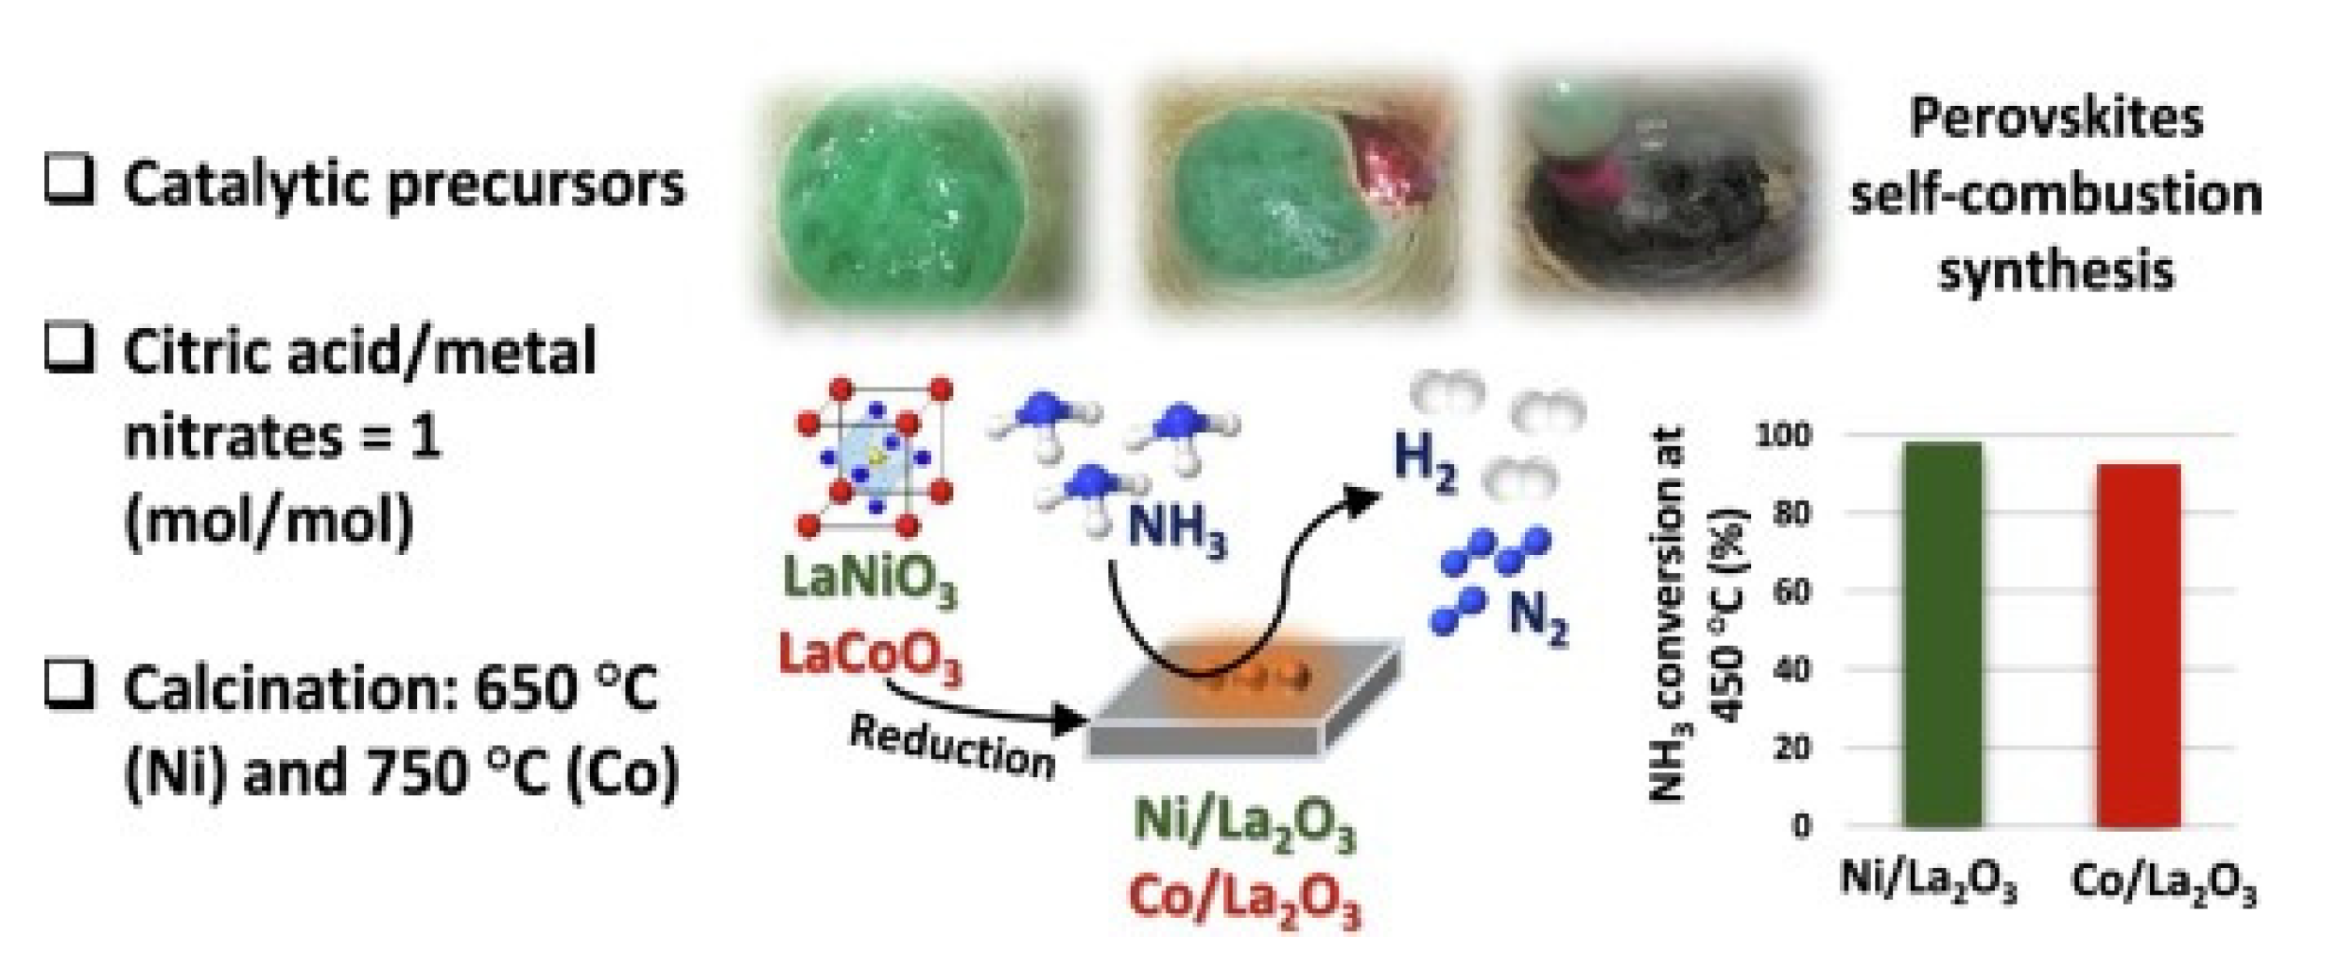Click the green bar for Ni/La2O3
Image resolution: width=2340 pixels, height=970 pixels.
(x=1942, y=633)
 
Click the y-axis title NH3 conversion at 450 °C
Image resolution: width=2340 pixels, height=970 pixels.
(x=1696, y=615)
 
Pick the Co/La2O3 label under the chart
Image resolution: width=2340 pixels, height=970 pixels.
(x=2163, y=885)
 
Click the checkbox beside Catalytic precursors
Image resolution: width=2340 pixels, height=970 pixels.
(x=69, y=179)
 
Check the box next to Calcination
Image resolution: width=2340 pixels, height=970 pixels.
(x=69, y=685)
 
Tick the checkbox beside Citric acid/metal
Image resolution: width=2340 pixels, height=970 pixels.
(x=69, y=347)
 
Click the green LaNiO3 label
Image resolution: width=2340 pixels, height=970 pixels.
(x=870, y=579)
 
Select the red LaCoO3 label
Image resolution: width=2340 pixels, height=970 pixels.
(x=870, y=654)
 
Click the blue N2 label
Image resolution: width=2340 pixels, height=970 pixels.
(x=1537, y=617)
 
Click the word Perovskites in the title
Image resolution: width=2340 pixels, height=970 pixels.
(x=2055, y=119)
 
